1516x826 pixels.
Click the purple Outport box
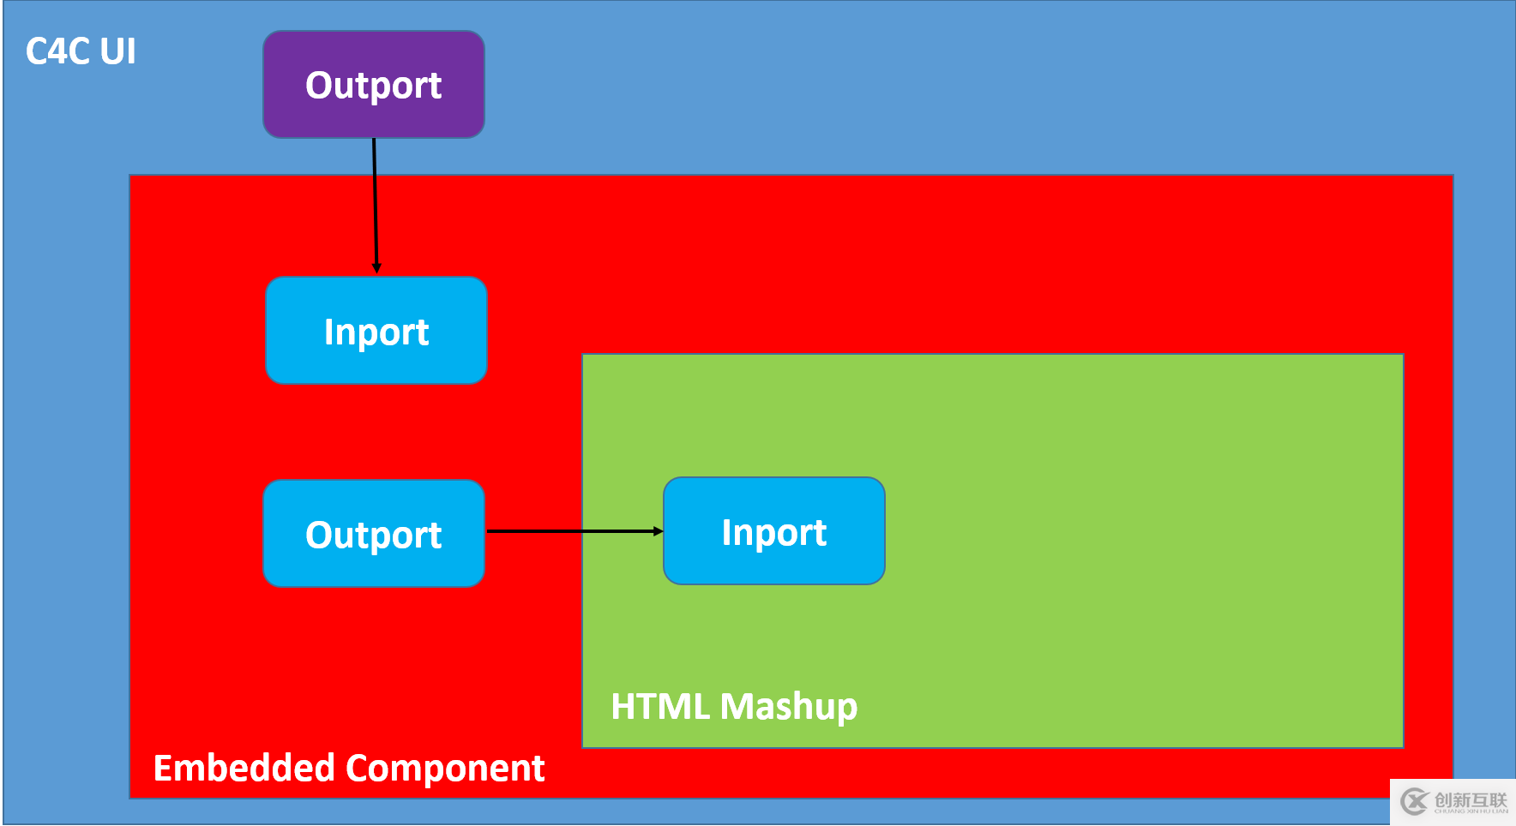pos(373,84)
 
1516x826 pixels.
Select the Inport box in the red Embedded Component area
pos(376,331)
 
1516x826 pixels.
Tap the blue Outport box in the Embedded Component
pos(373,534)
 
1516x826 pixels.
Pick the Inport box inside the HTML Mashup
pos(773,531)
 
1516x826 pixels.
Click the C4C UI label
pos(81,51)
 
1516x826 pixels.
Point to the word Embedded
pos(243,768)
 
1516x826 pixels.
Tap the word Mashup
pos(789,707)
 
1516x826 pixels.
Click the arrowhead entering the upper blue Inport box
pos(376,268)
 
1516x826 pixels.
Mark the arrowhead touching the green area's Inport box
pos(658,531)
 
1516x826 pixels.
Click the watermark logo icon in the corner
pos(1414,802)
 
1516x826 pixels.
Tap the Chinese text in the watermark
pos(1470,799)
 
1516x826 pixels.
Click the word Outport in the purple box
pos(373,86)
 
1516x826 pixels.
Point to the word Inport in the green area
pos(773,533)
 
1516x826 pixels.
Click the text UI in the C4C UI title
pos(117,51)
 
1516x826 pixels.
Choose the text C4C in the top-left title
pos(57,51)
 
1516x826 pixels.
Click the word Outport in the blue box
pos(373,536)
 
